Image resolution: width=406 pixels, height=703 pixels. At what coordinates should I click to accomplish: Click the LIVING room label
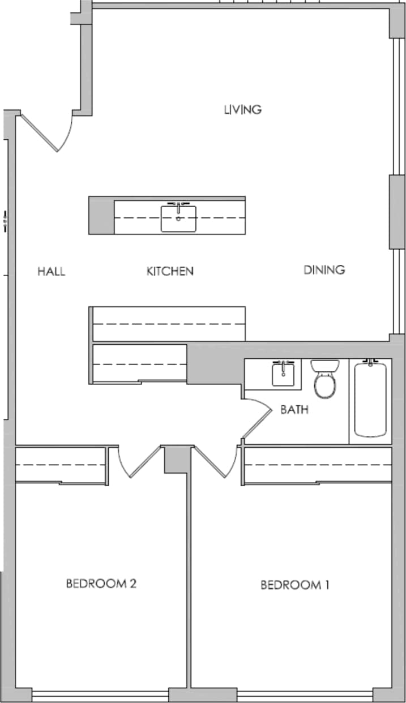242,109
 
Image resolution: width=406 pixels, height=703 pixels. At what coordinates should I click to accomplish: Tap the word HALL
52,271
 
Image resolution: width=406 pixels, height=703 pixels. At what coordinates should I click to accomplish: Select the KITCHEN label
170,271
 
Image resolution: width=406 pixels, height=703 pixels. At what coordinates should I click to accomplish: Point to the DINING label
324,270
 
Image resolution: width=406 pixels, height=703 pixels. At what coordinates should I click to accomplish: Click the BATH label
294,409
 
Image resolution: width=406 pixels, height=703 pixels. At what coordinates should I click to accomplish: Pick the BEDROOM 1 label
294,585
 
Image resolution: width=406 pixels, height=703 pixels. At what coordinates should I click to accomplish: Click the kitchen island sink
178,218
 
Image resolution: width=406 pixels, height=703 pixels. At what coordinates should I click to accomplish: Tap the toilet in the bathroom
324,379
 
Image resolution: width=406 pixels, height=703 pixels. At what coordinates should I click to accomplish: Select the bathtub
370,399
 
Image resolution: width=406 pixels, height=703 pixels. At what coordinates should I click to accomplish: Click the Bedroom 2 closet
61,465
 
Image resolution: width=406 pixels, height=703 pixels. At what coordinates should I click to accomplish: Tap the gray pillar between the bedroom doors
176,459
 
